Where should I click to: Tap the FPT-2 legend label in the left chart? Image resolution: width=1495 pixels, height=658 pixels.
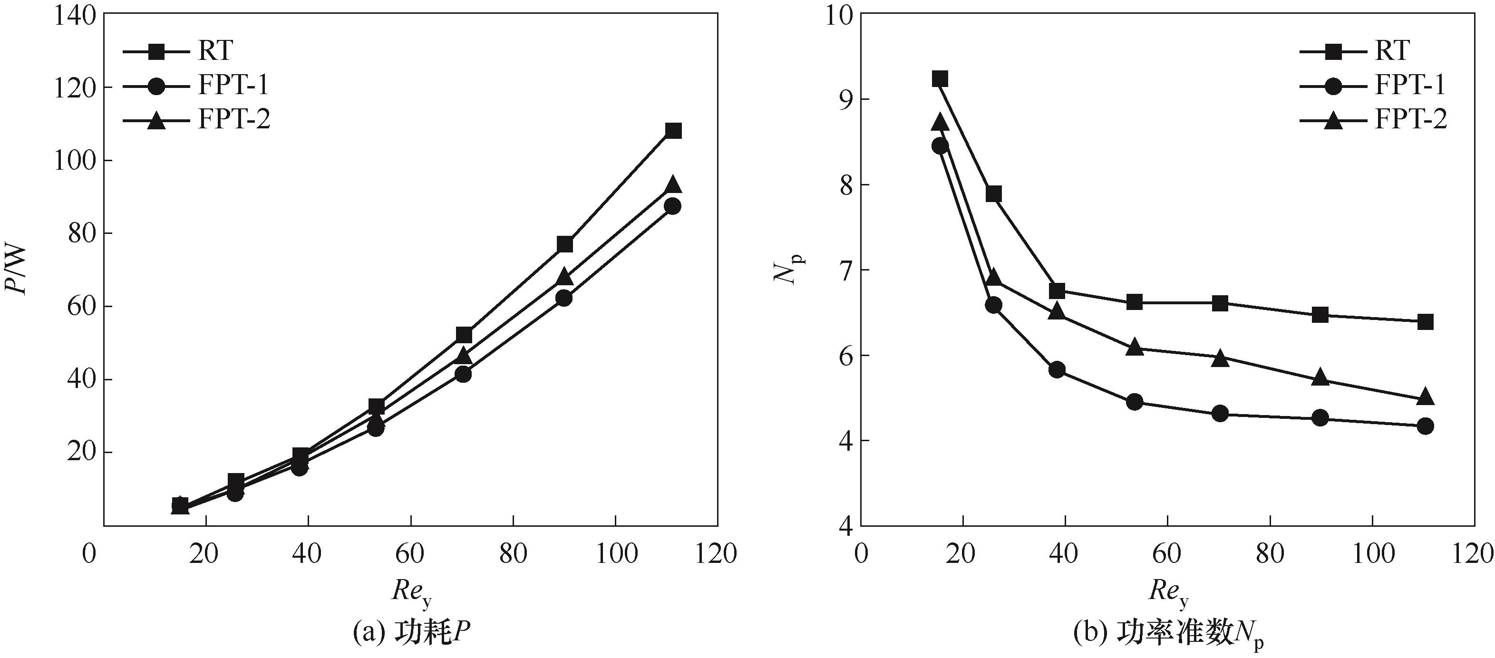(234, 120)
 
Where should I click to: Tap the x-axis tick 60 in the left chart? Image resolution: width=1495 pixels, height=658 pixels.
(410, 554)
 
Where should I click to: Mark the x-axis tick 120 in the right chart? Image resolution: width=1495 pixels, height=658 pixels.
(1474, 554)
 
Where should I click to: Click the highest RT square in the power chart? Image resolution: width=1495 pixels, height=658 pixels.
(673, 131)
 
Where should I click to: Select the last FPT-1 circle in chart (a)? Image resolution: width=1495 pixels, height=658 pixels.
(673, 206)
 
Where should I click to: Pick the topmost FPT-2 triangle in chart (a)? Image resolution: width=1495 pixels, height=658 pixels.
(673, 185)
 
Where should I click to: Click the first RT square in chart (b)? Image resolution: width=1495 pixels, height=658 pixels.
(940, 79)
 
